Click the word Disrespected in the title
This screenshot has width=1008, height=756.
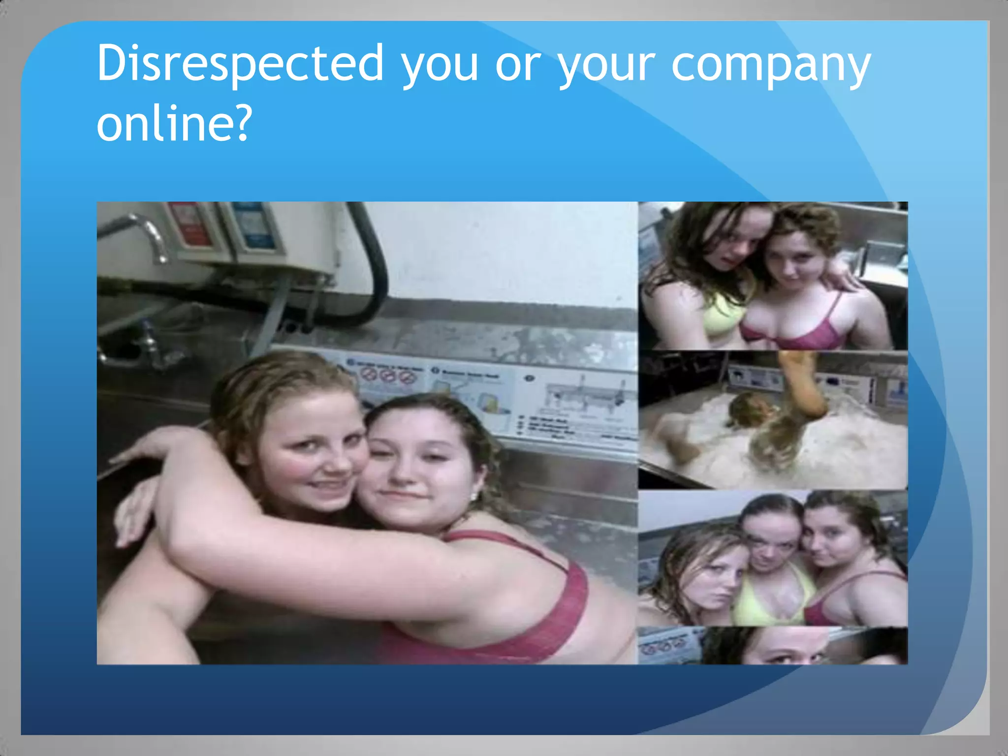pyautogui.click(x=240, y=64)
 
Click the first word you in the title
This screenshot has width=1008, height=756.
pyautogui.click(x=440, y=66)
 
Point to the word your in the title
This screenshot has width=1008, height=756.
pyautogui.click(x=606, y=66)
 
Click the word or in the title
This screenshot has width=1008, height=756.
pyautogui.click(x=518, y=66)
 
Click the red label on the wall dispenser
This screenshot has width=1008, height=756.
pyautogui.click(x=187, y=224)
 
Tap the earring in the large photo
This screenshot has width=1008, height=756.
pyautogui.click(x=474, y=495)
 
